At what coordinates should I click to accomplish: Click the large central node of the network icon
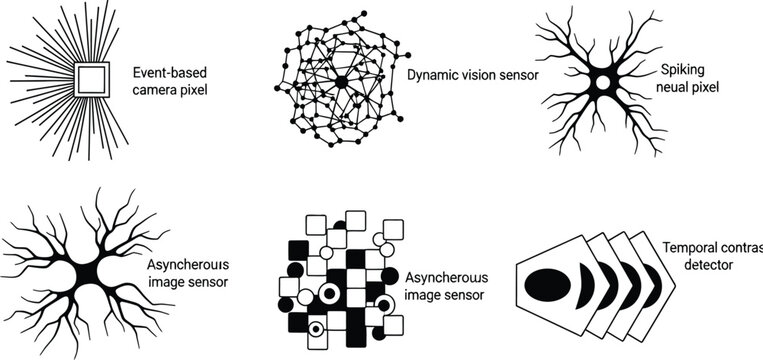(x=341, y=82)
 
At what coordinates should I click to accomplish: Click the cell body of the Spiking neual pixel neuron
(x=603, y=82)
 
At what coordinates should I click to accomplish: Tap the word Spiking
(x=684, y=69)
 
